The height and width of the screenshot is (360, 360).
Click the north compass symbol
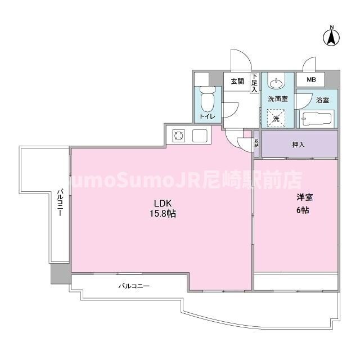pyautogui.click(x=332, y=37)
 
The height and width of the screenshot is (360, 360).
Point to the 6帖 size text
pyautogui.click(x=304, y=210)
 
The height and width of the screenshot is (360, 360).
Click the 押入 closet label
pyautogui.click(x=299, y=145)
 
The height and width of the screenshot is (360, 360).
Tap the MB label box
pyautogui.click(x=310, y=80)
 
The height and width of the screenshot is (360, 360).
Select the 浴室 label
pyautogui.click(x=322, y=101)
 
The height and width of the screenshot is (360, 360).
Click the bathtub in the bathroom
pyautogui.click(x=317, y=119)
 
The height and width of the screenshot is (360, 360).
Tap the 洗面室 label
pyautogui.click(x=277, y=99)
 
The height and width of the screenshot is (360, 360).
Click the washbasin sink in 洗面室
pyautogui.click(x=276, y=84)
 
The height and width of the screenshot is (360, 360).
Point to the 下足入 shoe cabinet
pyautogui.click(x=254, y=83)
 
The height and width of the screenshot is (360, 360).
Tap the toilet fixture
pyautogui.click(x=206, y=98)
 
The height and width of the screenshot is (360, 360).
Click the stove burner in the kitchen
pyautogui.click(x=179, y=136)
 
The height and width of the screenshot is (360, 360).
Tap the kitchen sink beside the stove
pyautogui.click(x=200, y=136)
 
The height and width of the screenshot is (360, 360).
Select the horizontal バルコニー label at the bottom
pyautogui.click(x=134, y=286)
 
